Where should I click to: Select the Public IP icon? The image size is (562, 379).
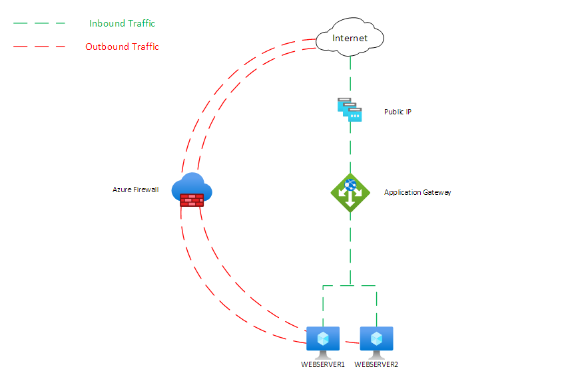[350, 110]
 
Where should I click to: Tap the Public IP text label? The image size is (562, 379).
[398, 112]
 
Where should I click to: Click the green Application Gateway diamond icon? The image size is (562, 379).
[350, 192]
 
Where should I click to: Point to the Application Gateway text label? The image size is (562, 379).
[418, 193]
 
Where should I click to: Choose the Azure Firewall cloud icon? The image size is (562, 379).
[192, 189]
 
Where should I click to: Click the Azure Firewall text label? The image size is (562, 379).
[136, 190]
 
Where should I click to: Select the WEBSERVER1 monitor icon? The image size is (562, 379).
[323, 339]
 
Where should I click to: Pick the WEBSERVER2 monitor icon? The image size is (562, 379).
[376, 339]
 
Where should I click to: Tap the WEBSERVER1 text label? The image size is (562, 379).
[323, 364]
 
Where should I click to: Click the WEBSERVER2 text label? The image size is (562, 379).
[376, 364]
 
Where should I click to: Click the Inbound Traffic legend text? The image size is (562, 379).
[122, 23]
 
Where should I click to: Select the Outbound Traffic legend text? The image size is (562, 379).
[122, 47]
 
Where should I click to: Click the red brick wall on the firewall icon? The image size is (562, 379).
[192, 199]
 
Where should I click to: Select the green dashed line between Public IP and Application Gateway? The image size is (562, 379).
[350, 150]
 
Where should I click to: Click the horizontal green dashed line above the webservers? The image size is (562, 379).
[350, 286]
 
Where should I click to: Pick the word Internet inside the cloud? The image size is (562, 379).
[350, 38]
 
